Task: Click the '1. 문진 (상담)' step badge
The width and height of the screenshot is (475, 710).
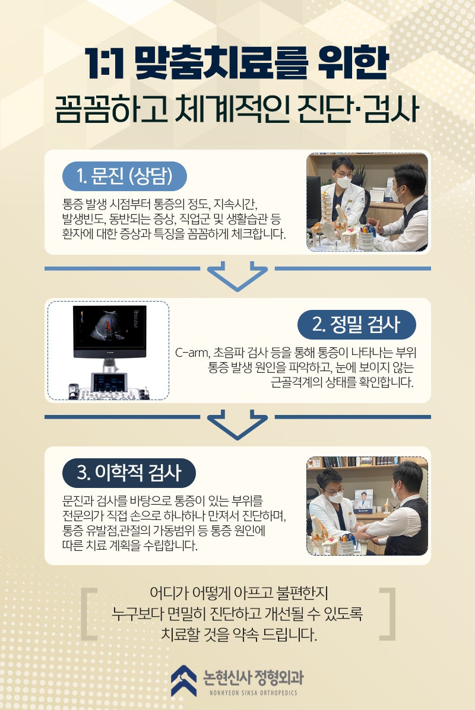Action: [x=125, y=176]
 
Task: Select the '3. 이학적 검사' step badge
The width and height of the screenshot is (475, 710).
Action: [x=129, y=473]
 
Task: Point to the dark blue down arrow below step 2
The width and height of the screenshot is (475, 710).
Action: [x=237, y=424]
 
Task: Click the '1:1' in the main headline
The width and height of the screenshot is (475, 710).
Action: [x=104, y=65]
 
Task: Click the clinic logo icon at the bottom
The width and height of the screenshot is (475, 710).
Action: [x=183, y=680]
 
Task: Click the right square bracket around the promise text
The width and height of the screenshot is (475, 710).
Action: [x=387, y=614]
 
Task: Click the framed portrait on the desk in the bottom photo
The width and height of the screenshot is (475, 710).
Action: [x=363, y=502]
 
